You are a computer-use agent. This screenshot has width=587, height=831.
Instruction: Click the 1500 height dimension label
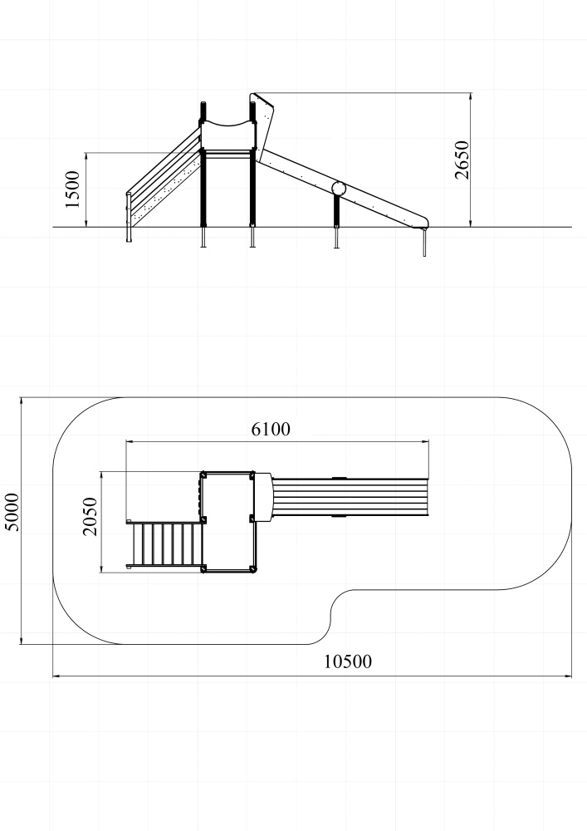click(x=72, y=189)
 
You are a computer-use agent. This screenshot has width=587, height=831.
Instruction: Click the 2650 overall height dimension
click(x=462, y=160)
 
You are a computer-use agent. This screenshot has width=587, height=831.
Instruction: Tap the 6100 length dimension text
click(x=271, y=429)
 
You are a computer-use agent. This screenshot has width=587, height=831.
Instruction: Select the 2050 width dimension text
click(x=90, y=517)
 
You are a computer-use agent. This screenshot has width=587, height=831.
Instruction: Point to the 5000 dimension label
click(x=12, y=512)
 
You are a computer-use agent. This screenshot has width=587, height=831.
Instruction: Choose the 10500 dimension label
click(x=348, y=661)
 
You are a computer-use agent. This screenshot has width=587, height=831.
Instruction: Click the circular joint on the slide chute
click(x=339, y=188)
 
